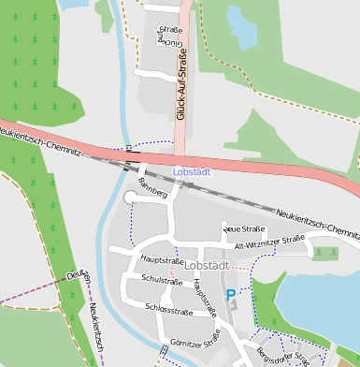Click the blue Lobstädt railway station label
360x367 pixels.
coord(192,171)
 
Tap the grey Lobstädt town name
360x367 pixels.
coord(207,265)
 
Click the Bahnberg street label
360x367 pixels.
coord(151,186)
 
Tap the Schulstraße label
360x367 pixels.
coord(161,280)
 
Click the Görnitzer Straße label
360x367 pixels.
coord(194,338)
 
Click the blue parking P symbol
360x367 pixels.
coord(231,294)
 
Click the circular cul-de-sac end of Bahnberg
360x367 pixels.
coord(131,198)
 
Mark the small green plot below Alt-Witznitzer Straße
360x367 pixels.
coord(325,252)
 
